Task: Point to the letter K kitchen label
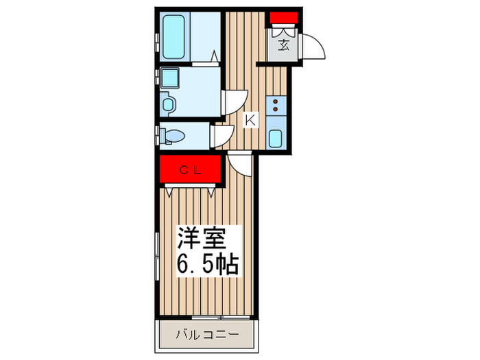(250, 121)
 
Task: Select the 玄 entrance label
(283, 47)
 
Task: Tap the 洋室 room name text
(199, 239)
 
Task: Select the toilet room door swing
(221, 134)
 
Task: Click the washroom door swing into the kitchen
(230, 104)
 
